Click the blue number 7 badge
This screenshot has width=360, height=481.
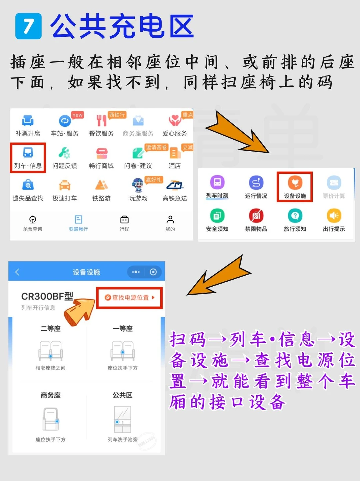tap(28, 26)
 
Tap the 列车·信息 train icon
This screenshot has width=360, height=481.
tap(28, 153)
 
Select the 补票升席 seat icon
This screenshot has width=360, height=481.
tap(28, 121)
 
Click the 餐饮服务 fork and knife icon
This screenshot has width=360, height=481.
tap(101, 121)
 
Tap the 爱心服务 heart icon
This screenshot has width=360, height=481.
tap(175, 121)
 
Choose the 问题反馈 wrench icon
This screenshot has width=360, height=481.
tap(64, 153)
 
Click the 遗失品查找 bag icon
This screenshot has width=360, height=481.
tap(28, 185)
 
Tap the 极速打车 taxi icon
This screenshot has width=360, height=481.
tap(64, 185)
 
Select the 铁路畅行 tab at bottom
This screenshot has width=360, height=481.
tap(78, 223)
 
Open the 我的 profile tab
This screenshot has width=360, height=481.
tap(170, 223)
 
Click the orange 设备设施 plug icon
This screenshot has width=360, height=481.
tap(295, 182)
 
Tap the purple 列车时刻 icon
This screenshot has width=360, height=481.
tap(217, 182)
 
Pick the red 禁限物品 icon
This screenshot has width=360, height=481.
tap(256, 215)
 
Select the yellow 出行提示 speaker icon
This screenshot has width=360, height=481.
tap(334, 215)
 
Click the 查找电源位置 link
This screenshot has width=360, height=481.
tap(130, 298)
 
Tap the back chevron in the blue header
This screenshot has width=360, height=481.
tap(17, 272)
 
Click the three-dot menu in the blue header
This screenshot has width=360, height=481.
tap(136, 272)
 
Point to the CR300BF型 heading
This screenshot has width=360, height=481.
tap(47, 296)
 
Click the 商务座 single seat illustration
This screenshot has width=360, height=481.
tap(51, 419)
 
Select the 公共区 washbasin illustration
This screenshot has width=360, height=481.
tap(122, 419)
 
